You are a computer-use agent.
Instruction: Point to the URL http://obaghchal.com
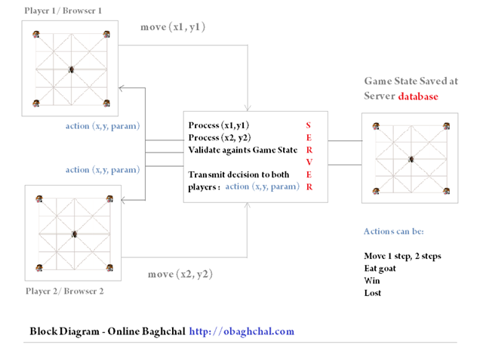pos(241,331)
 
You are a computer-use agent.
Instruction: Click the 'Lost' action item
pos(373,292)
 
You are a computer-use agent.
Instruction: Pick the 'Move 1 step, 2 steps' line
pos(401,256)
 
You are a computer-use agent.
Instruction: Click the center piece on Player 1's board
pos(72,69)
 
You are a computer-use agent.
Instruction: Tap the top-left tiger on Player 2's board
pos(38,200)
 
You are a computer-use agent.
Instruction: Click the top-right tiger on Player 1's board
pos(106,34)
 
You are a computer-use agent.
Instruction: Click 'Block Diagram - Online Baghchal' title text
pos(106,331)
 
